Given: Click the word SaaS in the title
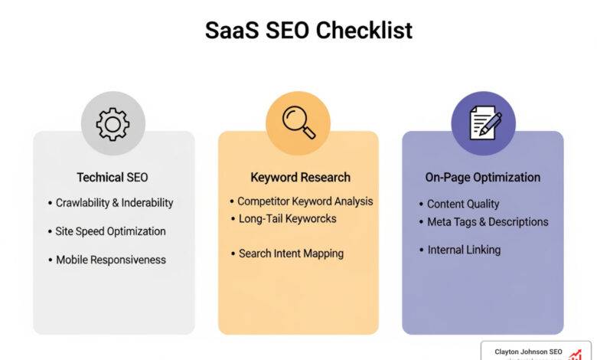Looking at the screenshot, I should (x=232, y=31).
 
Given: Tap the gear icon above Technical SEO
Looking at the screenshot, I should (x=113, y=123).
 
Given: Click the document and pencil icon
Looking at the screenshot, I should (x=483, y=123).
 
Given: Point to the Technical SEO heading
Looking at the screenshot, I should (x=113, y=178).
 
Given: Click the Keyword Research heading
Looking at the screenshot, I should (x=300, y=178).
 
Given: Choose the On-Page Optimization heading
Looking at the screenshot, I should (x=483, y=178).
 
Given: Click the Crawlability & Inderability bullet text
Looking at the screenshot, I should (x=115, y=203).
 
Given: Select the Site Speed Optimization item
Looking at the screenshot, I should (x=110, y=231).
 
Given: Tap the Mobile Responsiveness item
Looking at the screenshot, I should (x=111, y=260).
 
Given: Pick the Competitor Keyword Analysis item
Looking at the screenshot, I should (x=305, y=201).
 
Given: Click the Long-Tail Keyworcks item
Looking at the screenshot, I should (x=287, y=219).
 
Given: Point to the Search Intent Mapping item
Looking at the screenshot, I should (x=291, y=254).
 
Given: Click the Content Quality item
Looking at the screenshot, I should (x=463, y=205).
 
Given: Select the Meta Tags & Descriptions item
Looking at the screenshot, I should (x=488, y=222).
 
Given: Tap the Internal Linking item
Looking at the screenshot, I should (x=464, y=250).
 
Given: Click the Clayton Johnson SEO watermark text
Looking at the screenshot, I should (x=528, y=352).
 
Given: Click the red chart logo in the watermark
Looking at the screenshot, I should (x=575, y=354).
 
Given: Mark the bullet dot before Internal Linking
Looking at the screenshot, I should (x=420, y=250).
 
